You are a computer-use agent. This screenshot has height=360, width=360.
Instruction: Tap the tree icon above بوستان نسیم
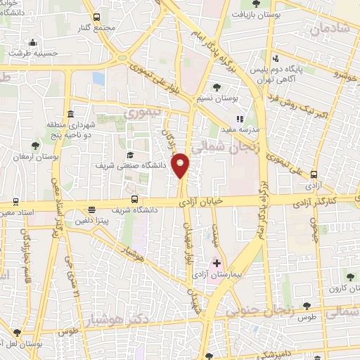click(x=217, y=87)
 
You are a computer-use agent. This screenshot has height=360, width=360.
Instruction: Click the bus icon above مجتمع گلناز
click(x=96, y=17)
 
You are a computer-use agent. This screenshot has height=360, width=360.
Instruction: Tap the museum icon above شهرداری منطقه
click(x=69, y=115)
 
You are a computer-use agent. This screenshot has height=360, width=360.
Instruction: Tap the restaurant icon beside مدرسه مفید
click(x=240, y=119)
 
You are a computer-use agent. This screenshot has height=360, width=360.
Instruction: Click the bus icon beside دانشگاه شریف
click(x=92, y=209)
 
